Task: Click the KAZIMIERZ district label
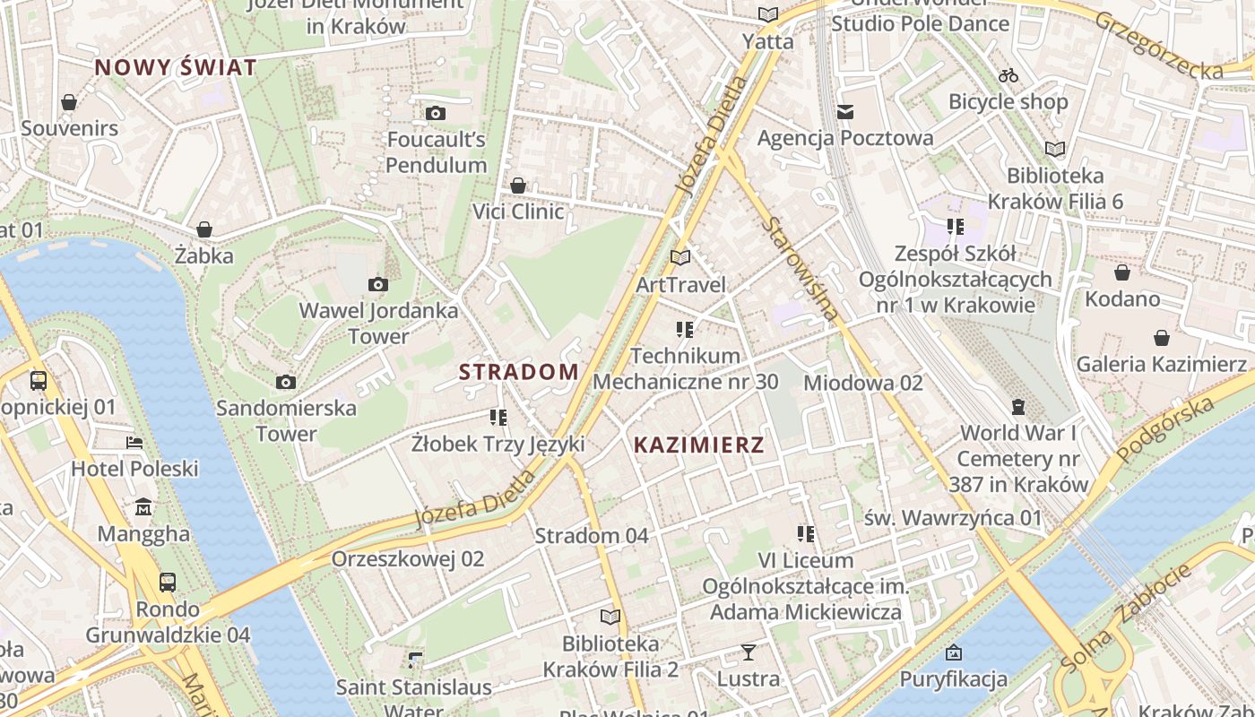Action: coord(698,445)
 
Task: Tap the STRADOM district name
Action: coord(519,372)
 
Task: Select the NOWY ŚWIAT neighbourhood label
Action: coord(176,67)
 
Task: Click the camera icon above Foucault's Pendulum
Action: coord(436,113)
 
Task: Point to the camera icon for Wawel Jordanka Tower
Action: coord(378,285)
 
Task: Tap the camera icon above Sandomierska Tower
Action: coord(286,383)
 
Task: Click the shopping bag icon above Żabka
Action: coord(204,229)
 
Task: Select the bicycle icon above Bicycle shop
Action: coord(1008,75)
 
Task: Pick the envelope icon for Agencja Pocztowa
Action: coord(845,112)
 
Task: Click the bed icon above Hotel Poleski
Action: coord(134,443)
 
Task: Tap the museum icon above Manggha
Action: coord(143,508)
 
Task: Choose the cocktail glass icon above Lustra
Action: coord(749,652)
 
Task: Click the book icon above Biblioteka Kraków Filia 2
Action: coord(610,617)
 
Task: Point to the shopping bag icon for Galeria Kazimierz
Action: coord(1162,338)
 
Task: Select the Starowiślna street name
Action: coord(802,268)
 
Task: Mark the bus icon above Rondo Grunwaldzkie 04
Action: coord(168,583)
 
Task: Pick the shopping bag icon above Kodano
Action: coord(1122,272)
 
